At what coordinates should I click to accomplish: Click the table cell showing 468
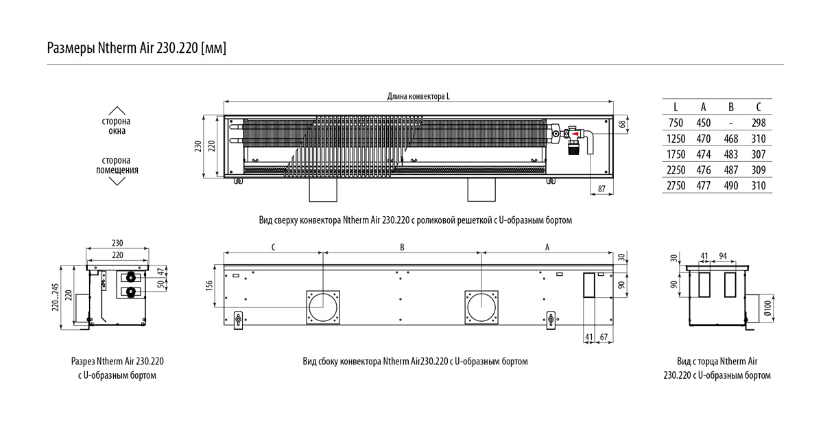(x=730, y=139)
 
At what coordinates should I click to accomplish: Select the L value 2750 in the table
(x=676, y=186)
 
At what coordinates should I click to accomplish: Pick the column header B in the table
(x=730, y=107)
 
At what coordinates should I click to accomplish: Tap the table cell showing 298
(x=758, y=123)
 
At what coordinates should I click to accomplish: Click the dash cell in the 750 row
(x=731, y=123)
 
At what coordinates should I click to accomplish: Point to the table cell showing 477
(x=703, y=186)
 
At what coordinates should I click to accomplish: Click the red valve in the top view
(x=573, y=134)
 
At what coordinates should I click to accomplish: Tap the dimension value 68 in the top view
(x=622, y=124)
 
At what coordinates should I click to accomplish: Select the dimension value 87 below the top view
(x=601, y=188)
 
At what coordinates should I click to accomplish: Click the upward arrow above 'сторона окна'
(x=117, y=110)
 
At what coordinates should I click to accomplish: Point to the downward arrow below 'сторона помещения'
(x=117, y=181)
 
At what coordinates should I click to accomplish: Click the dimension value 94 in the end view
(x=723, y=256)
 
